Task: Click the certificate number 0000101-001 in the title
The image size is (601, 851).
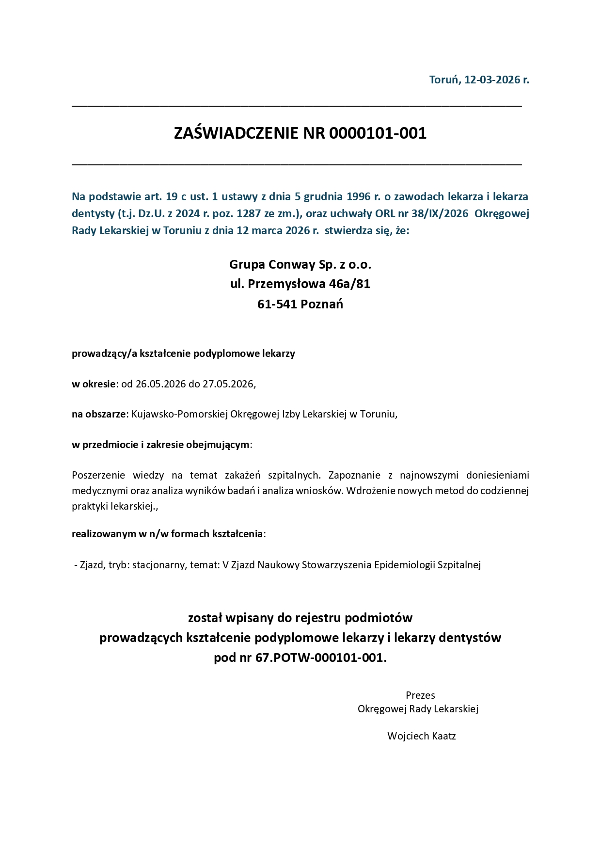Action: [378, 133]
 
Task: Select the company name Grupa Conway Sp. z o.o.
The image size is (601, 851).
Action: [300, 265]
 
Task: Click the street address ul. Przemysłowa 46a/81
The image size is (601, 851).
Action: [300, 284]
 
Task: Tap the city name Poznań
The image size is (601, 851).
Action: [322, 305]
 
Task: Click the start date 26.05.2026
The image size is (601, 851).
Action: [161, 384]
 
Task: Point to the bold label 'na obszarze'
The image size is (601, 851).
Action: [99, 414]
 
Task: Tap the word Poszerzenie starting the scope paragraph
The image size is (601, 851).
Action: [98, 475]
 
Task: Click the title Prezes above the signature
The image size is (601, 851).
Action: [420, 695]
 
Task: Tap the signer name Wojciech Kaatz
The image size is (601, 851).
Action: [421, 736]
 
